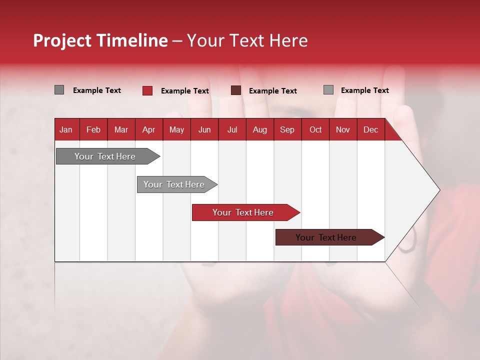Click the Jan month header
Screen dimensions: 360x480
pyautogui.click(x=66, y=129)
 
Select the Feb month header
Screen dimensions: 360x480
pyautogui.click(x=93, y=129)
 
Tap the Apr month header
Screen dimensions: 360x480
pyautogui.click(x=148, y=129)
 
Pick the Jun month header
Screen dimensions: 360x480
pyautogui.click(x=204, y=129)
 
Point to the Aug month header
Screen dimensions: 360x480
pyautogui.click(x=259, y=129)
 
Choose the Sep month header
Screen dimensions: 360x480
pyautogui.click(x=287, y=129)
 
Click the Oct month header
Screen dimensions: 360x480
pyautogui.click(x=315, y=129)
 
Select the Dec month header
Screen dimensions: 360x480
pyautogui.click(x=370, y=129)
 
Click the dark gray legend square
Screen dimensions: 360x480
pyautogui.click(x=59, y=90)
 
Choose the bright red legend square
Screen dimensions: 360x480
pyautogui.click(x=147, y=90)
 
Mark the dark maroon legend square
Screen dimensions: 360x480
pyautogui.click(x=236, y=90)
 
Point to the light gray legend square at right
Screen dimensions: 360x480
pyautogui.click(x=328, y=90)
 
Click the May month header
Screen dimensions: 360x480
pyautogui.click(x=176, y=129)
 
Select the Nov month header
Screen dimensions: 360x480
pyautogui.click(x=342, y=129)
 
